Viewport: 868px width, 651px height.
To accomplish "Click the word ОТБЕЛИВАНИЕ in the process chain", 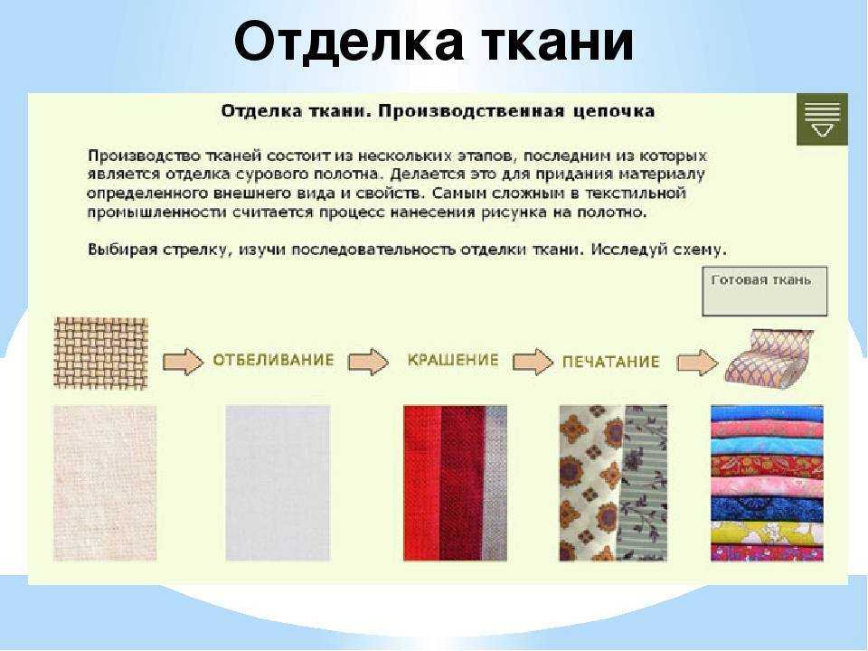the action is [x=273, y=361].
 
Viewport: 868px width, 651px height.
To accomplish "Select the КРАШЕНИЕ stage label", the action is [x=453, y=360].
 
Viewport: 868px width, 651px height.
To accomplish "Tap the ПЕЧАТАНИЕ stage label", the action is [x=610, y=362].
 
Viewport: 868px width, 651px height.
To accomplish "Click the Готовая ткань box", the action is [x=765, y=291].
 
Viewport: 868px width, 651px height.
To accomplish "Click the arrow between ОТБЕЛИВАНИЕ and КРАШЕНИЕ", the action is [x=368, y=362].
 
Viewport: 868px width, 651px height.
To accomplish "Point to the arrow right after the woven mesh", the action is [x=184, y=362].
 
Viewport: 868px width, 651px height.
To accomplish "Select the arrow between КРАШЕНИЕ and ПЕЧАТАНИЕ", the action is [x=533, y=362].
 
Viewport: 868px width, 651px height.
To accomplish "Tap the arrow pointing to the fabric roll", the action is [x=697, y=363].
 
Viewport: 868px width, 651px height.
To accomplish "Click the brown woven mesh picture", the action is [x=100, y=354].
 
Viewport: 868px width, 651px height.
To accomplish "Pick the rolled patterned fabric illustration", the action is [x=769, y=357].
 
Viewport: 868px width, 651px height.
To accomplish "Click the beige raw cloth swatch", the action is [x=105, y=483].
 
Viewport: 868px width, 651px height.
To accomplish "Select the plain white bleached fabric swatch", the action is [x=278, y=483].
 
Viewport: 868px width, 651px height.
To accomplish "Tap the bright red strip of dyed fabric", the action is [x=422, y=483].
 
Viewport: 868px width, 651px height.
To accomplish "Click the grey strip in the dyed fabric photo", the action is [x=495, y=483].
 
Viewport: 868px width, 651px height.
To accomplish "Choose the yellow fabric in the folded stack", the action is [x=767, y=533].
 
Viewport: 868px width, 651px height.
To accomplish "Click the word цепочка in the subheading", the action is [x=613, y=112].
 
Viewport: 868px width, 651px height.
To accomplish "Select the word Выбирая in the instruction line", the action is [x=122, y=250].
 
